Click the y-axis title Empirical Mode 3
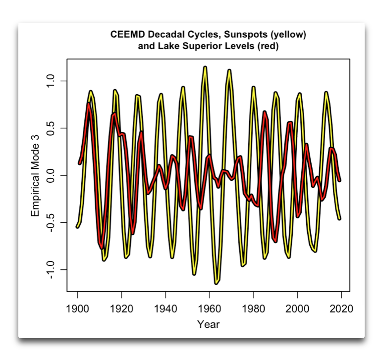click(35, 175)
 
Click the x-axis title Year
click(208, 325)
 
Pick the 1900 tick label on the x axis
click(77, 309)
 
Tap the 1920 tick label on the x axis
click(121, 309)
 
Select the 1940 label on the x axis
click(165, 309)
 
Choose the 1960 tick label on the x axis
click(210, 309)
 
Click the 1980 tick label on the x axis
click(253, 309)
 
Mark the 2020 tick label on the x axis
click(341, 309)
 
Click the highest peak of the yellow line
click(205, 67)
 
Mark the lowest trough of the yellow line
click(217, 283)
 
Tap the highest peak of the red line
click(89, 103)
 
